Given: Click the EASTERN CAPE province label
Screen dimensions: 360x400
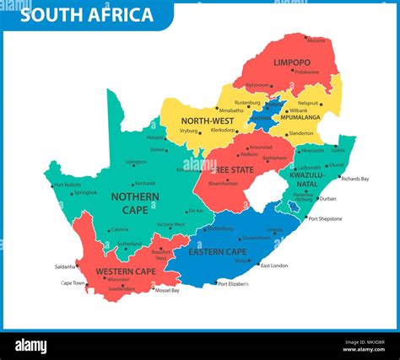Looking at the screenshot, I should (x=217, y=251).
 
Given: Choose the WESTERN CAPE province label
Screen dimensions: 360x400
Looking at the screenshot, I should (x=125, y=271).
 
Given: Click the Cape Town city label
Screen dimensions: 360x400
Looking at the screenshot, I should (x=73, y=283).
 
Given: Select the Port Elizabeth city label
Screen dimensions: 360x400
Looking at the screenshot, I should (x=234, y=284).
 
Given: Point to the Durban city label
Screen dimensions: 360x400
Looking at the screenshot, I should (x=327, y=199).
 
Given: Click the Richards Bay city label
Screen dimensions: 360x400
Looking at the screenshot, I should (x=354, y=179).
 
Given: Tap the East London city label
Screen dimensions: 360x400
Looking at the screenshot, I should (x=273, y=266).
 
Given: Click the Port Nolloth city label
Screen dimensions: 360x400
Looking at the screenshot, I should (x=68, y=185).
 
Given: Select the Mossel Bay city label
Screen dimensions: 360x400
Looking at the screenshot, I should (x=167, y=290).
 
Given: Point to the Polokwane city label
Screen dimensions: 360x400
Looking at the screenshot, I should (x=305, y=72).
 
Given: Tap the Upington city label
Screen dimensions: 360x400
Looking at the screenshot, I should (x=135, y=162).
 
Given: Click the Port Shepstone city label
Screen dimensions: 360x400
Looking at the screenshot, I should (x=325, y=218).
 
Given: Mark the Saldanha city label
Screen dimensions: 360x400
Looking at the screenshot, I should (x=65, y=266).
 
